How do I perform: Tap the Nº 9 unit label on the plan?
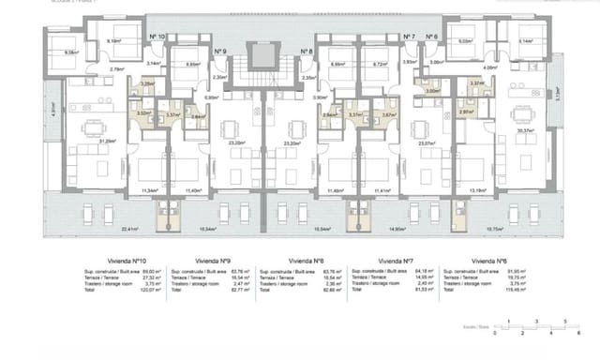[219, 51]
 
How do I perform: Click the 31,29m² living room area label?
[82, 142]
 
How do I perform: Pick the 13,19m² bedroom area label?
[477, 189]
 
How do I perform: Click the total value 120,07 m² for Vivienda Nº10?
[152, 293]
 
